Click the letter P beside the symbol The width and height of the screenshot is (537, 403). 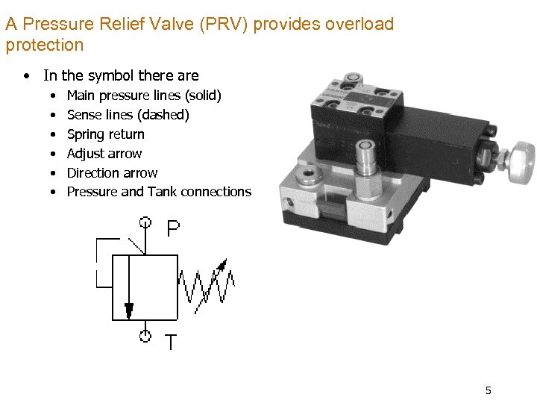pos(173,228)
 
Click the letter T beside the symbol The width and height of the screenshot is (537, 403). pos(172,343)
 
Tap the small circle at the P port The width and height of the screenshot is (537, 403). pos(145,222)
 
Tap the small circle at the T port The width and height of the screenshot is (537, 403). pos(145,336)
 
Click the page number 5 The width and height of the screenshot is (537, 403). pos(488,390)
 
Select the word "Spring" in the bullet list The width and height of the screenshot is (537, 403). pos(86,134)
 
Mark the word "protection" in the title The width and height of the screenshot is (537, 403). pos(44,45)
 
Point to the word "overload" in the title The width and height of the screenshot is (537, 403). pos(359,24)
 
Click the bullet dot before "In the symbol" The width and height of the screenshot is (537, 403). pos(27,75)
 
